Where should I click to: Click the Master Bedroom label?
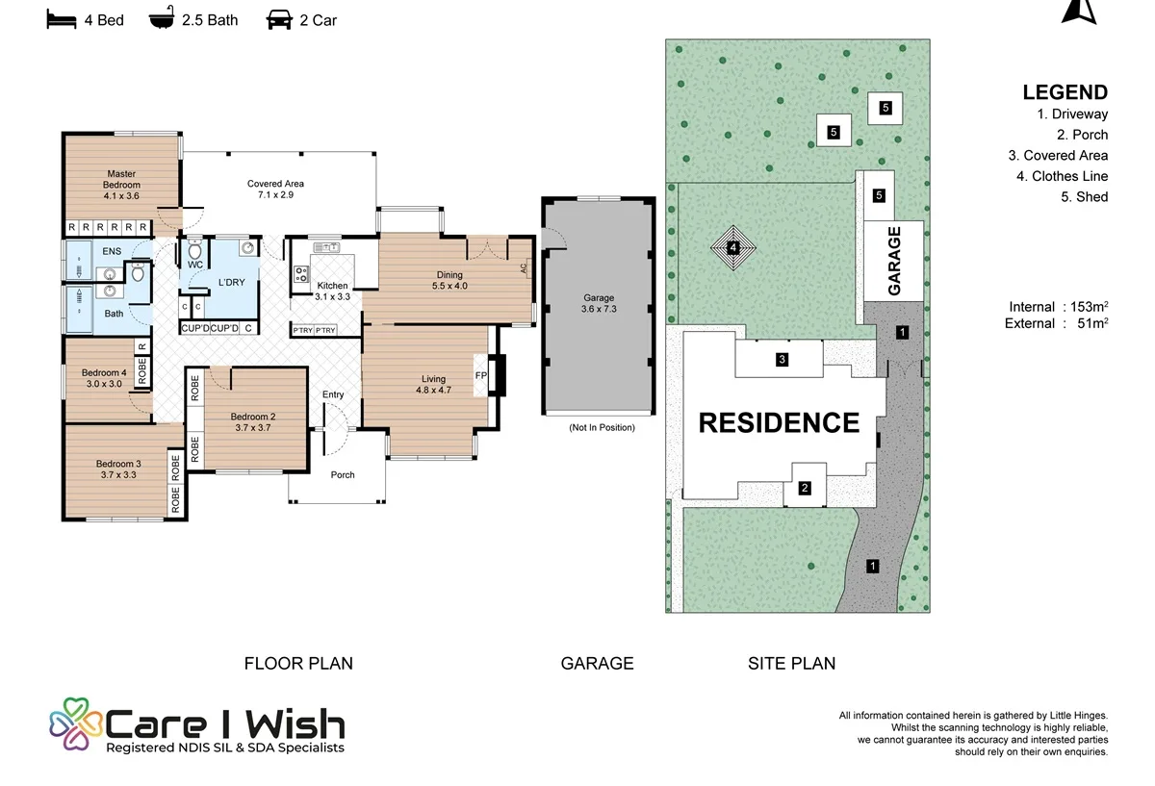click(121, 179)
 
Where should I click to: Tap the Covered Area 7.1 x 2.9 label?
click(275, 190)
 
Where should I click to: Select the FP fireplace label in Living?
click(480, 375)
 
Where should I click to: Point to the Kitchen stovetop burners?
click(301, 273)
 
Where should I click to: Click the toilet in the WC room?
click(194, 250)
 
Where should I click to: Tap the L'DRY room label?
click(232, 282)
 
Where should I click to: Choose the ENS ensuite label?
click(112, 251)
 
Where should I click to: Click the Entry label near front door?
click(333, 394)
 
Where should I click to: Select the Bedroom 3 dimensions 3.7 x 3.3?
click(118, 474)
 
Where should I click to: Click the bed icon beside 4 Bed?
click(62, 19)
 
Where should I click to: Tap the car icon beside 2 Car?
click(279, 20)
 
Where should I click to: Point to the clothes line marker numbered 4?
click(733, 247)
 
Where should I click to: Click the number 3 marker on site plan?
click(782, 359)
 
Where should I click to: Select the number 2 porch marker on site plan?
click(805, 488)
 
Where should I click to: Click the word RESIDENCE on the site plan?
click(779, 422)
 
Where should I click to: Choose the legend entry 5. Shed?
click(1085, 196)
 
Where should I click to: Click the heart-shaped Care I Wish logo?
click(76, 723)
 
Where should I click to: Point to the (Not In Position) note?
click(602, 427)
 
